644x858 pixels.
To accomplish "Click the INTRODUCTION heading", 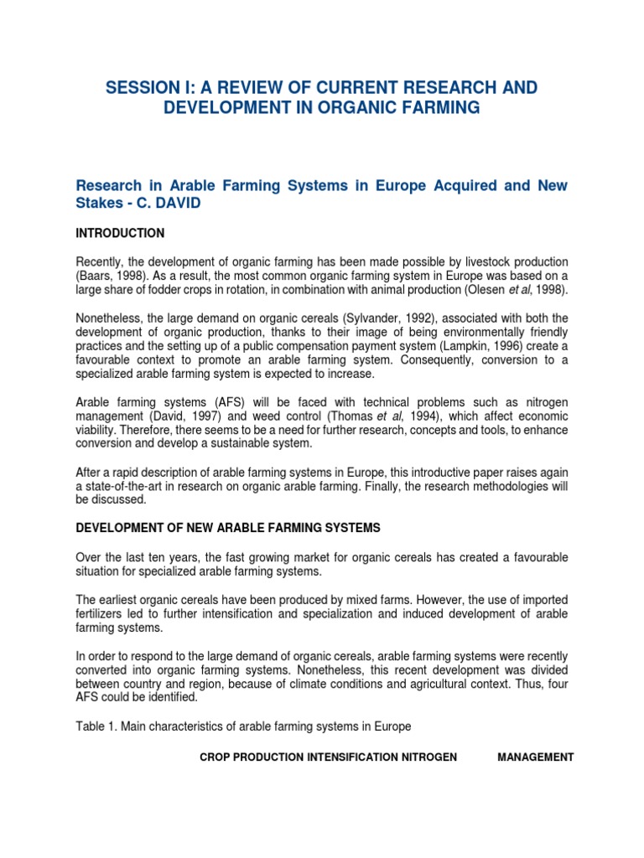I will pos(120,233).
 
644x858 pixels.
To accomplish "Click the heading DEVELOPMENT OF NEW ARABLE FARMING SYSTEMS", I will pos(228,528).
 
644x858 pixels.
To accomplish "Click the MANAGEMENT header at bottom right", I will pos(535,757).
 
